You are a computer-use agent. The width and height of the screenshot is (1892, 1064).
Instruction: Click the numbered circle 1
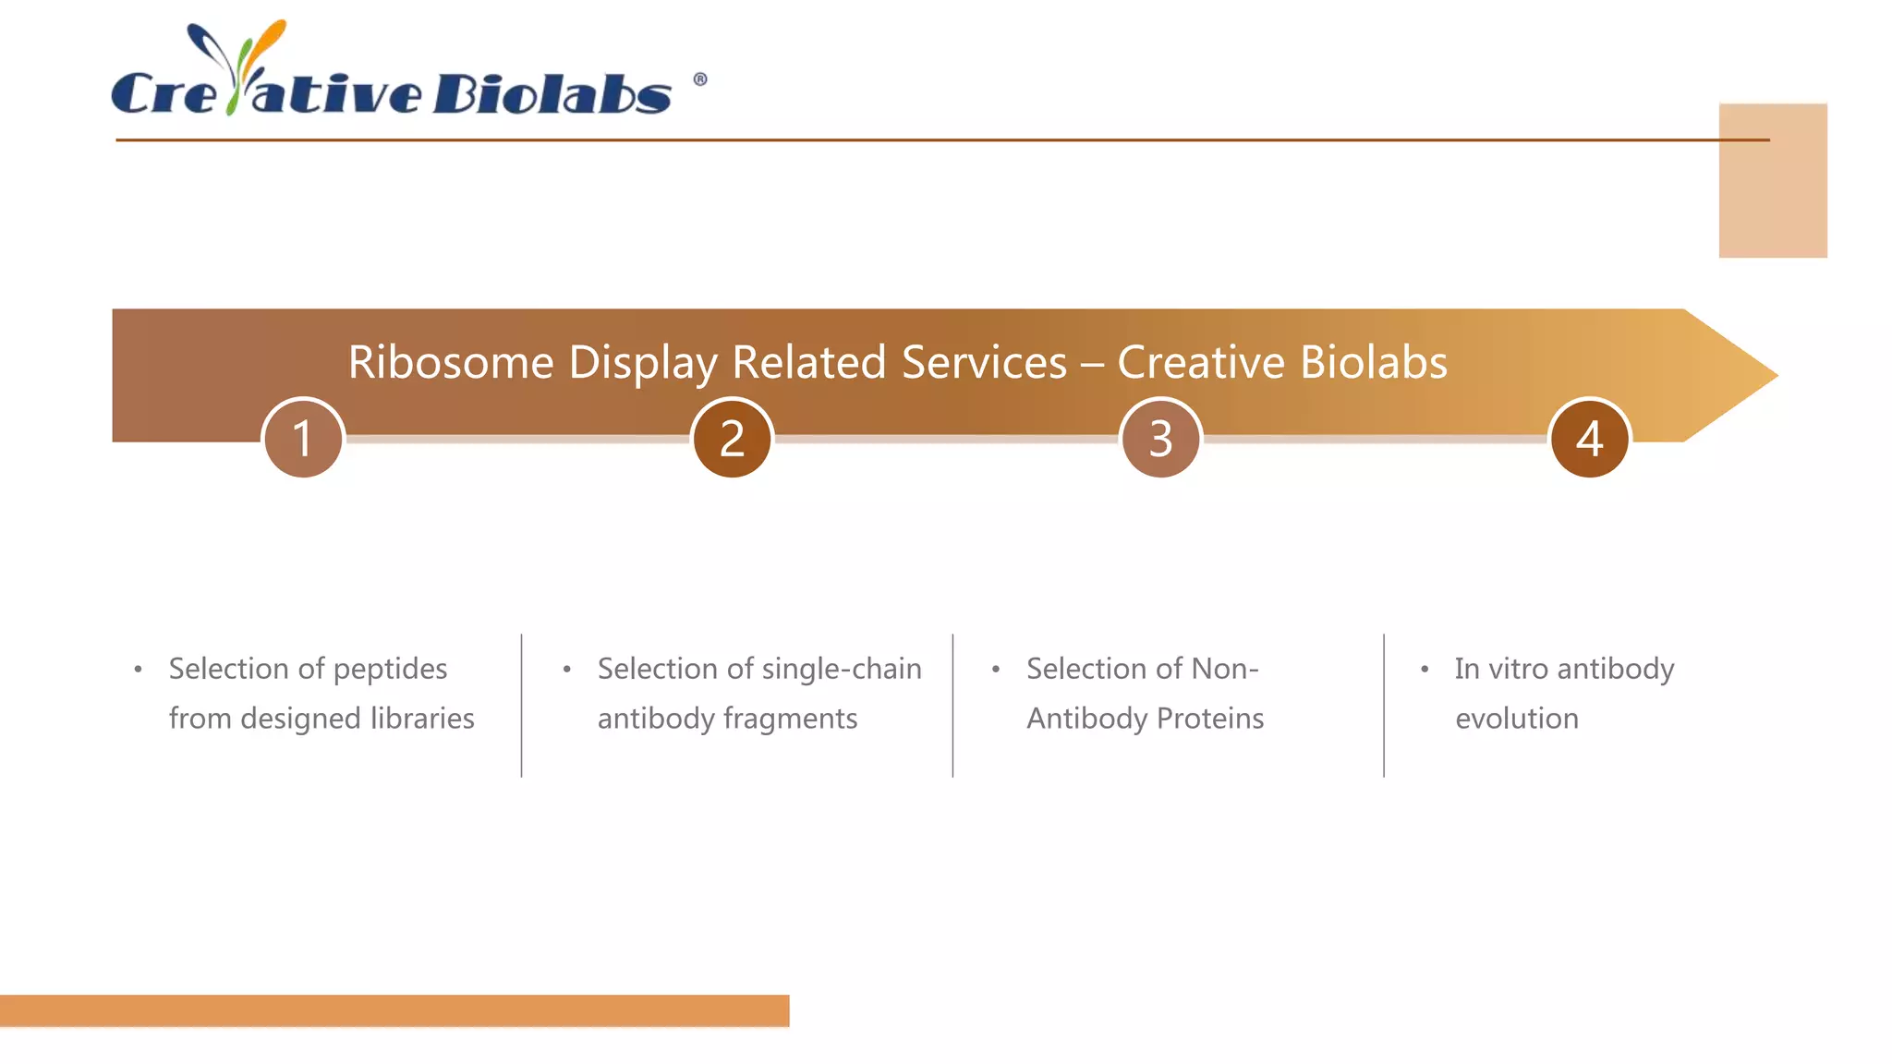tap(303, 438)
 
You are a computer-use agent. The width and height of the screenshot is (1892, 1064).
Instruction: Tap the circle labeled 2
tap(732, 438)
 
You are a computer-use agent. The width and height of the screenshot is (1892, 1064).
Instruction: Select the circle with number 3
tap(1160, 438)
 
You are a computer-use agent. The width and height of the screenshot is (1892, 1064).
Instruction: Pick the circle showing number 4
tap(1589, 438)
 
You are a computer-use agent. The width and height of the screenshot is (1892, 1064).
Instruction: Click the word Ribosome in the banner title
tap(450, 362)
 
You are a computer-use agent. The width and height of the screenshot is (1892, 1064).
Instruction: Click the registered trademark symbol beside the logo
tap(700, 79)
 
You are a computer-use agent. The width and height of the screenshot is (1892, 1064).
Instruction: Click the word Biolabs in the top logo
tap(552, 93)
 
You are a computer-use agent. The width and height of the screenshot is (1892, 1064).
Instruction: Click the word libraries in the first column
tap(422, 719)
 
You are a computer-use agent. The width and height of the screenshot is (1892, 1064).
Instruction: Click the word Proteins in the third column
tap(1210, 719)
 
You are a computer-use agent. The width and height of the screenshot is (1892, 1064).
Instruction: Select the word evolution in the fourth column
tap(1517, 719)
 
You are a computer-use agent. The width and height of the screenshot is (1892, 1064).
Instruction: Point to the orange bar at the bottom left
tap(394, 1010)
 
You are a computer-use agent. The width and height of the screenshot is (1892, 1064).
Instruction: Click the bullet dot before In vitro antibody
tap(1425, 669)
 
